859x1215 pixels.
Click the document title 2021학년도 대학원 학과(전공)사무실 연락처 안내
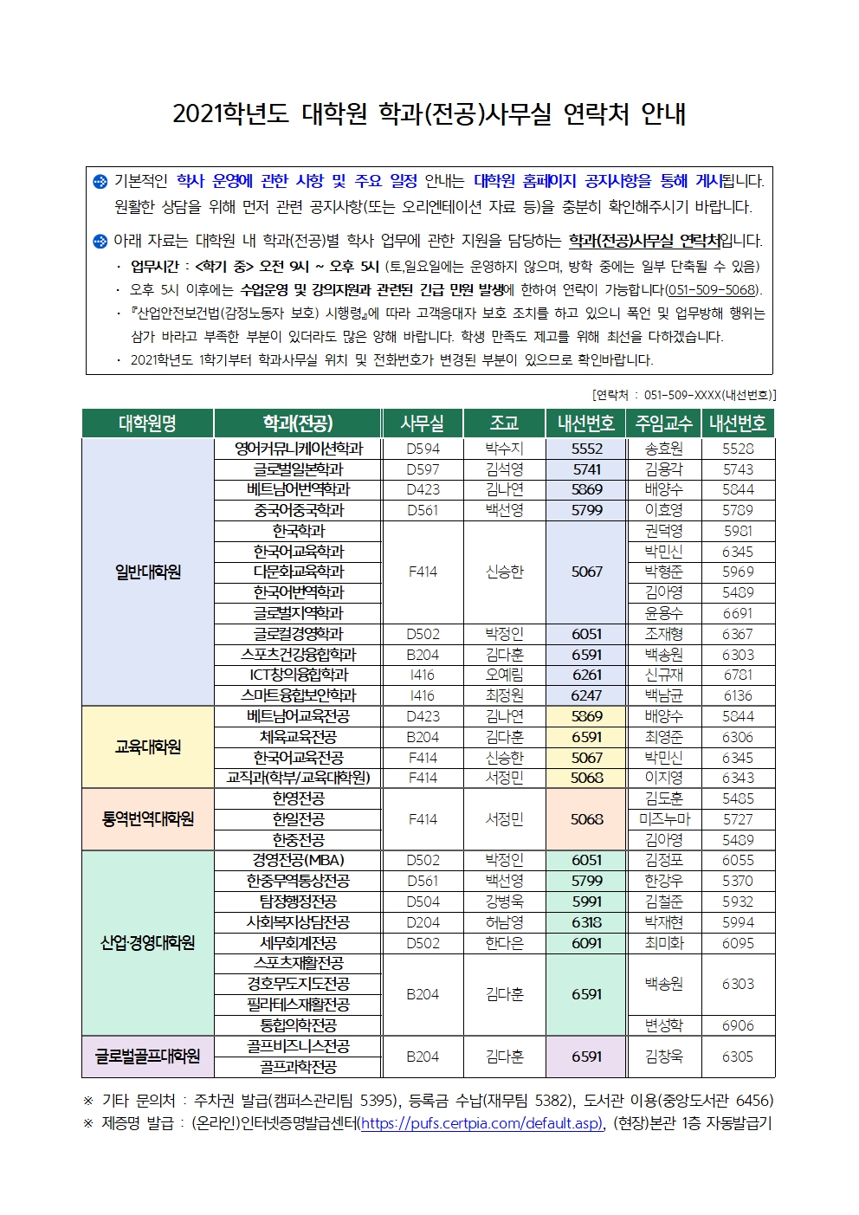tap(429, 113)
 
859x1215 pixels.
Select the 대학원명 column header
tap(147, 423)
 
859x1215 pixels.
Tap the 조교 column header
tap(504, 423)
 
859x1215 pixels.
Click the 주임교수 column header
tap(664, 423)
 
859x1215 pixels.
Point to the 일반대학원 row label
tap(147, 572)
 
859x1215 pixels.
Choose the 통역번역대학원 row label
tap(147, 819)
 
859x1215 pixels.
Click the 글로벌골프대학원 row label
tap(147, 1057)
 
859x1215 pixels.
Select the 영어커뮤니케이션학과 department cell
tap(298, 449)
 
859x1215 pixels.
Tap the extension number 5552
tap(586, 449)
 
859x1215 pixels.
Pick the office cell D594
tap(423, 449)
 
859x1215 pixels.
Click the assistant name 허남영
tap(504, 922)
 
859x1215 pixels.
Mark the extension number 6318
tap(586, 922)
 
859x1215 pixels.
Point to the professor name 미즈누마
tap(664, 819)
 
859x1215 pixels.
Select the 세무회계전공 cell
tap(298, 943)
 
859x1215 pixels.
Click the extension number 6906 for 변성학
tap(738, 1025)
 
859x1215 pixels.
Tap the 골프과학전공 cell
tap(298, 1067)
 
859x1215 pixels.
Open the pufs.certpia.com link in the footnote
tap(481, 1123)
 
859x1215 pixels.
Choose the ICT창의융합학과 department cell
tap(298, 675)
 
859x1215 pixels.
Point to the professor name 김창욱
tap(664, 1057)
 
